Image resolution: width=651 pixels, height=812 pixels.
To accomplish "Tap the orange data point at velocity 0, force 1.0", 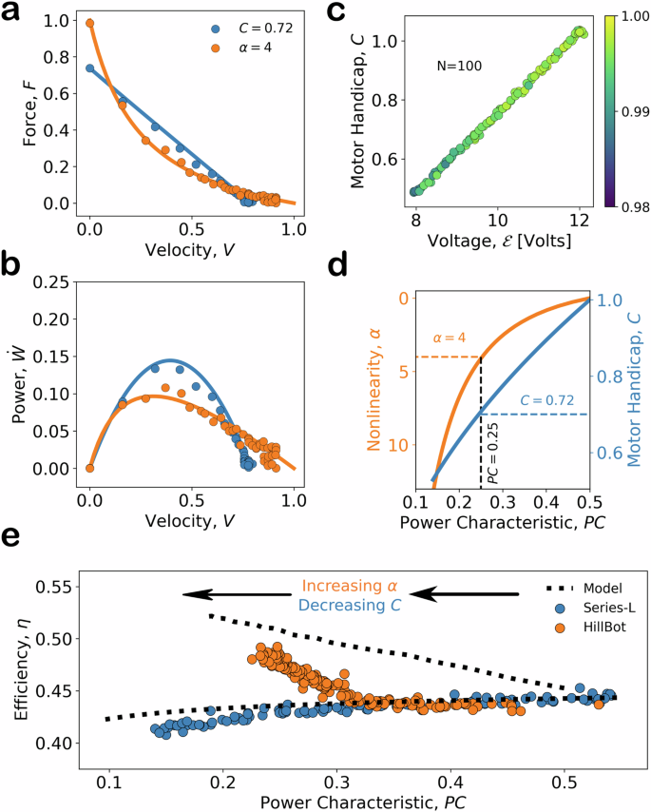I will click(x=90, y=24).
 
